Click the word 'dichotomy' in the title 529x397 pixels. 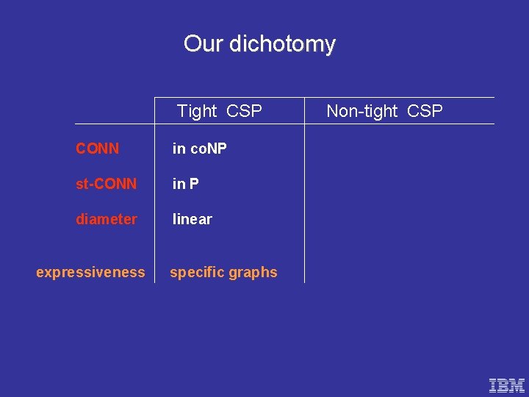pyautogui.click(x=282, y=44)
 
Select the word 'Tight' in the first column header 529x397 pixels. pyautogui.click(x=197, y=111)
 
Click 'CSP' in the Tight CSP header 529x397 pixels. pyautogui.click(x=244, y=111)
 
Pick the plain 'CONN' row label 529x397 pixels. pyautogui.click(x=97, y=149)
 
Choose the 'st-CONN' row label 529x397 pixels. pyautogui.click(x=106, y=184)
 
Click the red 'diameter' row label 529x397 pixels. pyautogui.click(x=106, y=219)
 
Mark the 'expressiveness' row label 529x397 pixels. pyautogui.click(x=90, y=272)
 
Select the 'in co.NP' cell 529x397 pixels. pyautogui.click(x=199, y=149)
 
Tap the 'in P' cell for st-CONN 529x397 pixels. pyautogui.click(x=185, y=184)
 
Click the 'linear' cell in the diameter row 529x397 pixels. pyautogui.click(x=192, y=219)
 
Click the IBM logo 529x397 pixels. pyautogui.click(x=507, y=385)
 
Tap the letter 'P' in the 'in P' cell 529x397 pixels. pyautogui.click(x=194, y=184)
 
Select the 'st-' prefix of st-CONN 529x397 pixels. pyautogui.click(x=83, y=184)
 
